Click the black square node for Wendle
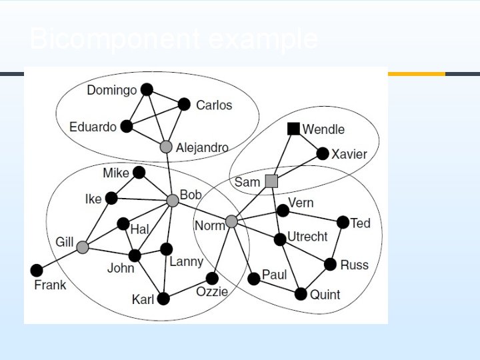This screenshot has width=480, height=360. [x=293, y=129]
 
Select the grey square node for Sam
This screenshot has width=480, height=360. [x=271, y=181]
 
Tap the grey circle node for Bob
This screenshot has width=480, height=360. [x=173, y=200]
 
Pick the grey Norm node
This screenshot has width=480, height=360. [x=231, y=221]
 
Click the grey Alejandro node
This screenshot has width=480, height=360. [x=166, y=147]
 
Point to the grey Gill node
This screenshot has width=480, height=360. [x=82, y=247]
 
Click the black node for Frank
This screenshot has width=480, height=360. [x=37, y=270]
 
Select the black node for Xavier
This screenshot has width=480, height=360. [x=323, y=154]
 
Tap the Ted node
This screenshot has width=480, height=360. [x=343, y=222]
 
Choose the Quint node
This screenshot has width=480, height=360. [x=301, y=293]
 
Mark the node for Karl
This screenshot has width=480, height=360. [x=163, y=299]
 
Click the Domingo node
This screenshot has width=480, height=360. [x=147, y=89]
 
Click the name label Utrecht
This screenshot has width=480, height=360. [x=307, y=237]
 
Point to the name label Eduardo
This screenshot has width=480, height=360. [x=93, y=127]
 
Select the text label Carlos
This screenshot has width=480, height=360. [x=214, y=105]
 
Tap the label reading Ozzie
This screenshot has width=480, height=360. [x=212, y=292]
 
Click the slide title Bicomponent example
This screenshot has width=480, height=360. [x=173, y=39]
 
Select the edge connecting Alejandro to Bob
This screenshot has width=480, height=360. [x=169, y=173]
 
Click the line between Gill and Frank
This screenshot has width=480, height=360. [x=59, y=259]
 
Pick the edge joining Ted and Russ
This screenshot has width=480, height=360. [x=337, y=243]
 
